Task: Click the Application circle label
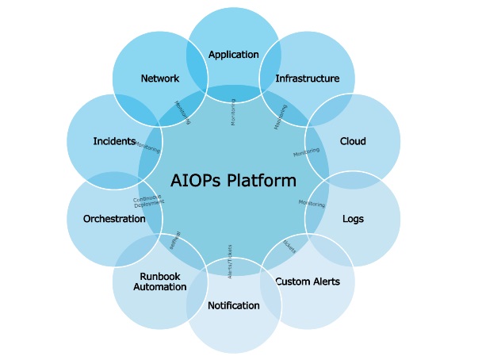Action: pos(233,55)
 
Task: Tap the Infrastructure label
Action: pos(307,79)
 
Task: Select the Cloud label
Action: pos(353,141)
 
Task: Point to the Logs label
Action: pos(353,218)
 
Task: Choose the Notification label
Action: pos(233,305)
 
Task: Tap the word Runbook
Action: pos(160,276)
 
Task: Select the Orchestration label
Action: pos(114,218)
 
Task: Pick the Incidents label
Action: pos(114,141)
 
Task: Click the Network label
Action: pos(159,79)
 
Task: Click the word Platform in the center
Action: pos(262,180)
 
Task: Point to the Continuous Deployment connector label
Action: pos(148,201)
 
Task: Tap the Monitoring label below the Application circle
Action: pos(233,113)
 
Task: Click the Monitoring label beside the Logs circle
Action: pos(312,204)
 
